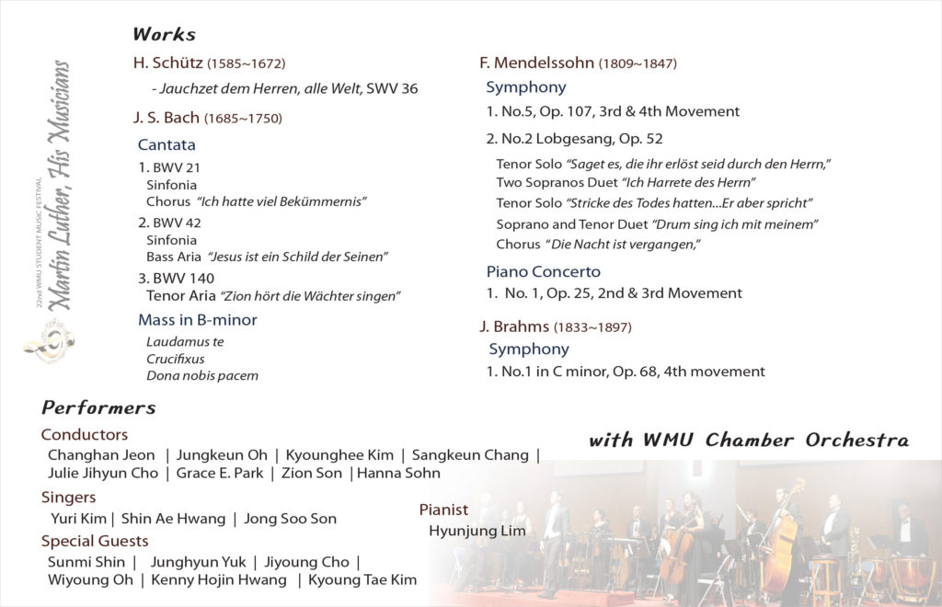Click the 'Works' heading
pos(164,35)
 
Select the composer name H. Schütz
pos(168,63)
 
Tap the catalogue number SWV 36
pos(392,89)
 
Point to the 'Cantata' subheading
pos(167,144)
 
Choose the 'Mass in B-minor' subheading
pos(198,320)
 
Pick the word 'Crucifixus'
pos(176,359)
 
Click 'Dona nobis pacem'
pos(202,375)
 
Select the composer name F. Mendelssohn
pos(537,63)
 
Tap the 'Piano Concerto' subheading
pos(543,271)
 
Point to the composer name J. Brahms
pos(514,326)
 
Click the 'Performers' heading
pos(98,407)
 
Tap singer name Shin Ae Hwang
pos(174,519)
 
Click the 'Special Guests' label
pos(95,541)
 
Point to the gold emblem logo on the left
pos(50,339)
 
